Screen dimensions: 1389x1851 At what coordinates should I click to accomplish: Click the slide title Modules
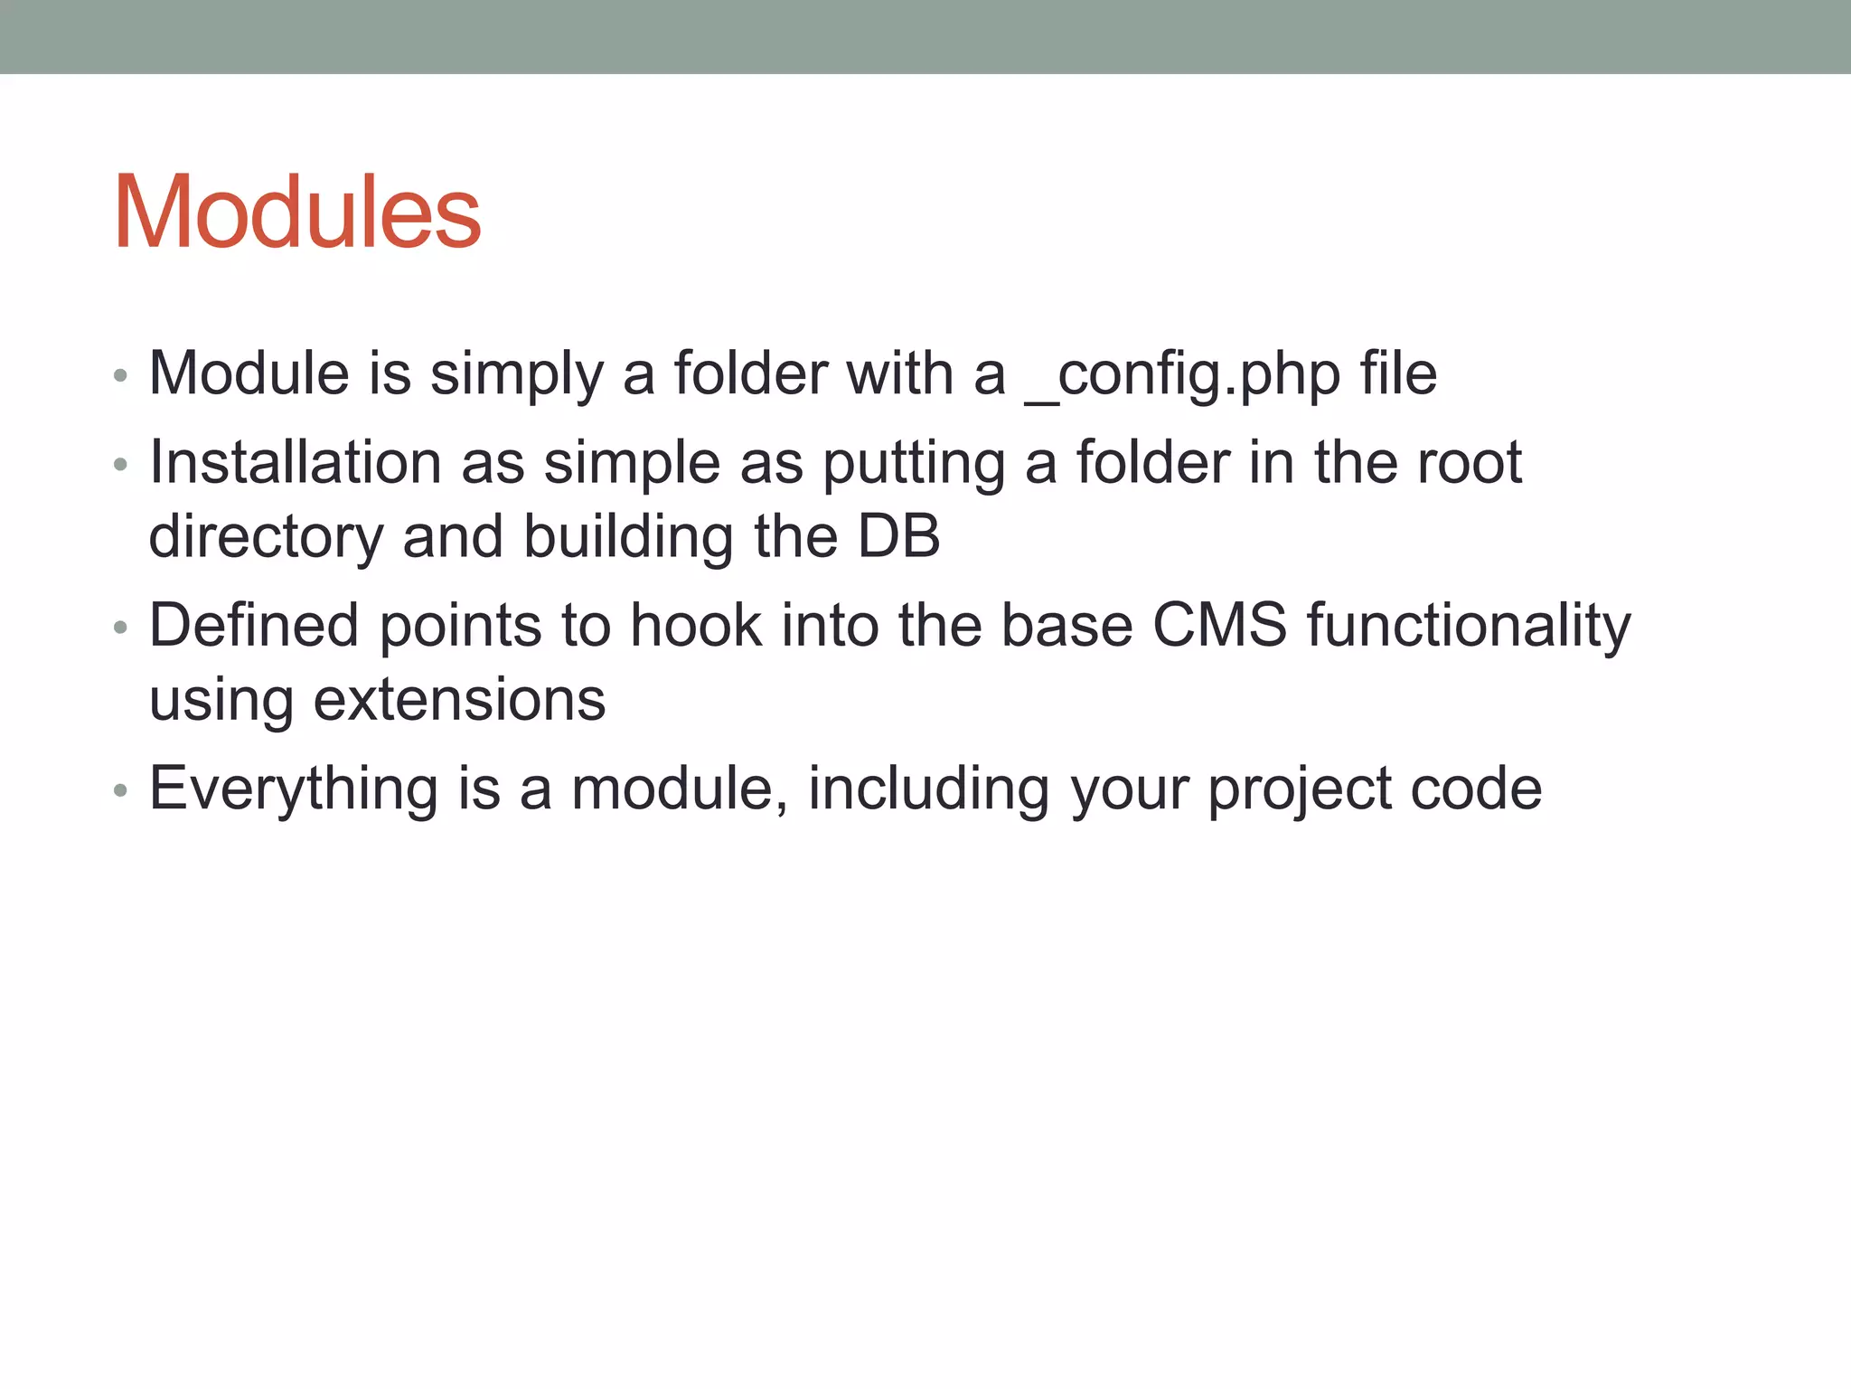[x=297, y=213]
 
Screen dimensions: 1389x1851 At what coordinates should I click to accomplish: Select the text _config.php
[x=1182, y=374]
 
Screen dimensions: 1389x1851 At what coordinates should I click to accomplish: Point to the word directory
[x=266, y=537]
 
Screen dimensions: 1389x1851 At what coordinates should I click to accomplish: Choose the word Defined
[x=254, y=625]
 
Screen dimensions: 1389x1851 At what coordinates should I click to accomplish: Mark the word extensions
[x=459, y=700]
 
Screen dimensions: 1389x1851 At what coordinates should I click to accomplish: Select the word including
[x=928, y=789]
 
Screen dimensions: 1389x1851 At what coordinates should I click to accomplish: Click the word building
[x=628, y=537]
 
